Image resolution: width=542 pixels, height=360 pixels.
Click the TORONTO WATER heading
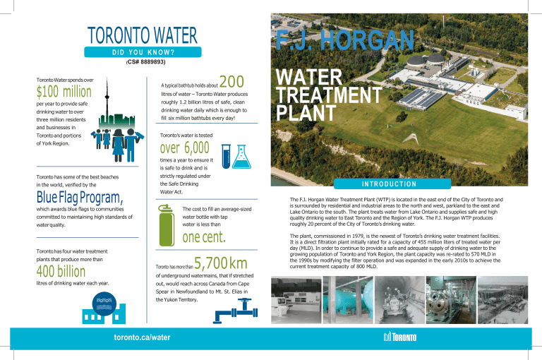[x=143, y=36]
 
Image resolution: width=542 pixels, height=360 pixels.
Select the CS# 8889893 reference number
[x=142, y=62]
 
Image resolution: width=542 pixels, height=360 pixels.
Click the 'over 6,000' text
[x=186, y=149]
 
